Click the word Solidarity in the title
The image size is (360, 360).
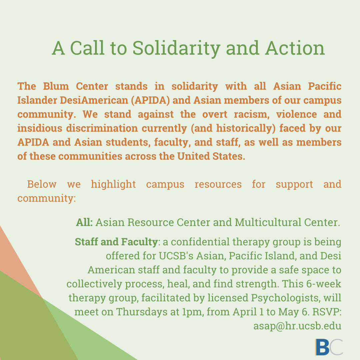tap(176, 48)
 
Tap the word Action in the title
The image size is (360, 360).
tap(295, 48)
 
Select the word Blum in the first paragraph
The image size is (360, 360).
tap(56, 86)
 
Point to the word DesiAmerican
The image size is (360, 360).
tap(94, 100)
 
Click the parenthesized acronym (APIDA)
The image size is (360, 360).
tap(150, 100)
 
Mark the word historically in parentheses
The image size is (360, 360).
tap(246, 128)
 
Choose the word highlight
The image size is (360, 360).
tap(113, 184)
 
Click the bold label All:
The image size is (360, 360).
tap(84, 222)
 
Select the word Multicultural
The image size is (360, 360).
tap(268, 222)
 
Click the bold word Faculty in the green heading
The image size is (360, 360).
tap(139, 242)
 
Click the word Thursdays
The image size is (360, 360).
tap(142, 312)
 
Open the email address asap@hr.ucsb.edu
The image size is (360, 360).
tap(297, 326)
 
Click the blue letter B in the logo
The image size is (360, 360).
tap(322, 347)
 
